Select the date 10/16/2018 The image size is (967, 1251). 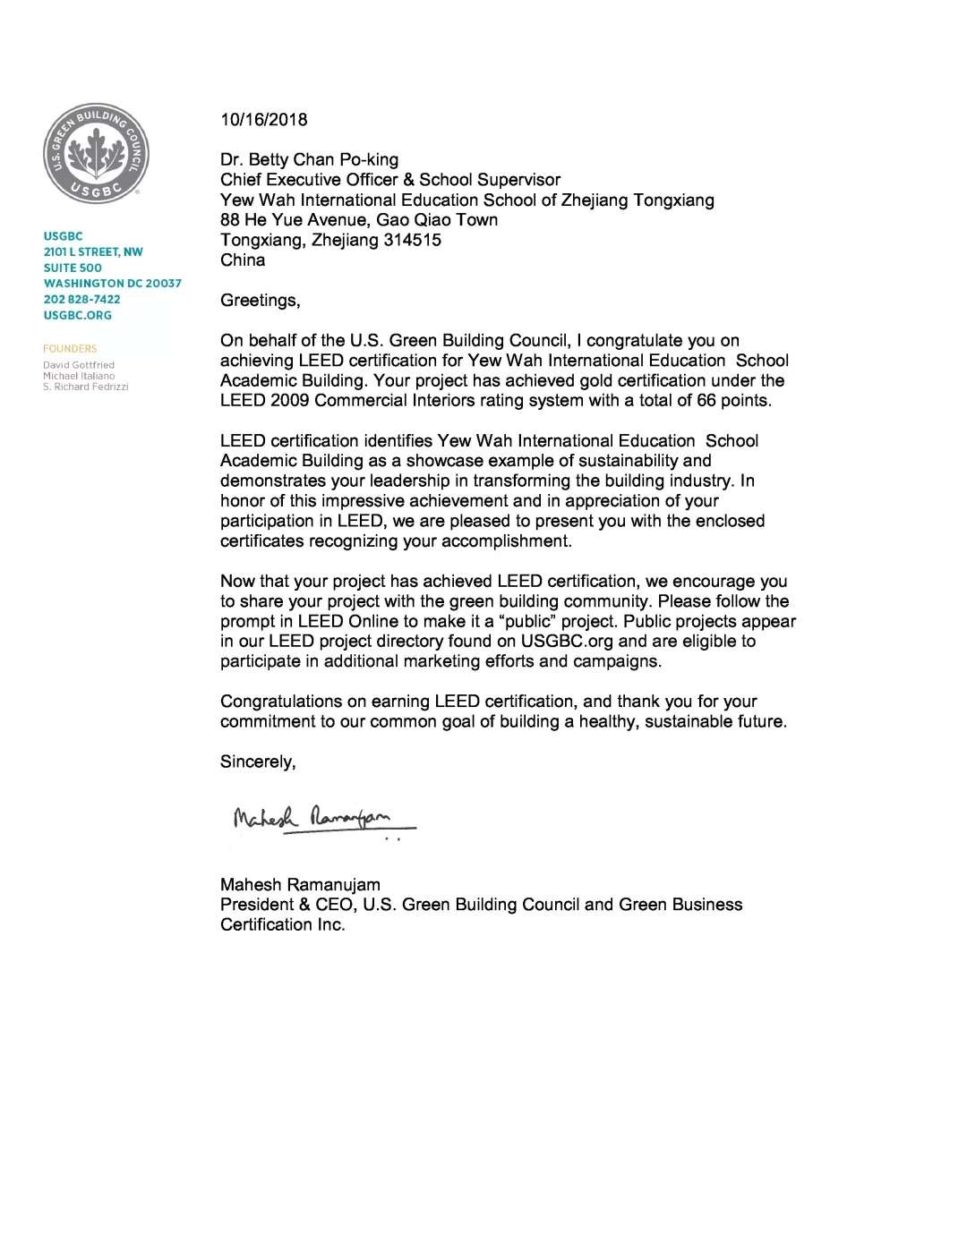tap(263, 120)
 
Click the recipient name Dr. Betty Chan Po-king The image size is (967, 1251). tap(309, 160)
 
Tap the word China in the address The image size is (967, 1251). tap(243, 260)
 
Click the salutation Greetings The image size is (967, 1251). tap(260, 301)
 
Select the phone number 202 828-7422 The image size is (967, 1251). tap(81, 299)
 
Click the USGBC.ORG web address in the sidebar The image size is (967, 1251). tap(77, 315)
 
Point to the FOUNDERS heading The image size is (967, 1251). tap(70, 349)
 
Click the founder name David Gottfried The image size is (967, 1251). tap(79, 365)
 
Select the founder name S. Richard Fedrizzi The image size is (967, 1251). tap(86, 387)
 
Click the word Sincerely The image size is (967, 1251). tap(258, 762)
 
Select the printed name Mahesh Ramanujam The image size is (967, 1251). tap(300, 885)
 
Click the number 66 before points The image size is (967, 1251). tap(706, 401)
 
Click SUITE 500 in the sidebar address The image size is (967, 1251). tap(73, 268)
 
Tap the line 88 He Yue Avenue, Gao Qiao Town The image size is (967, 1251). tap(359, 220)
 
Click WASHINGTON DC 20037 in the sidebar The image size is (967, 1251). tap(112, 284)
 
